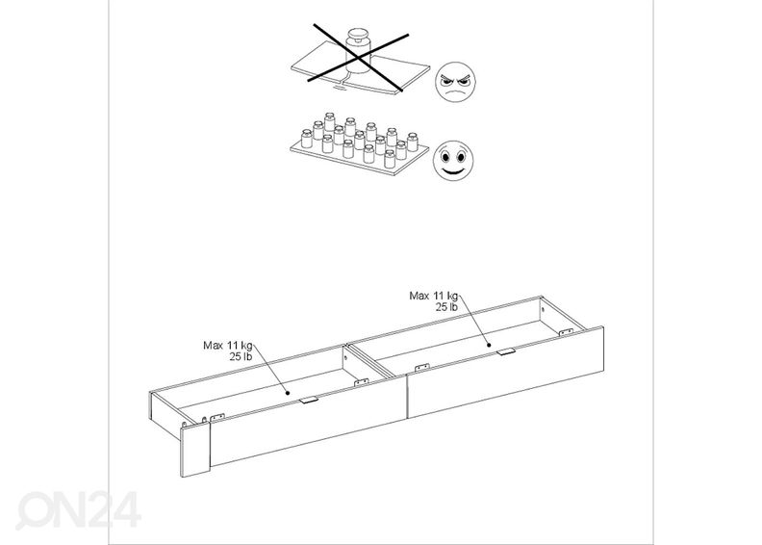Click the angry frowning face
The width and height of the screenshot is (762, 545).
click(x=455, y=82)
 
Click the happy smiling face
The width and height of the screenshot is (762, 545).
click(x=453, y=161)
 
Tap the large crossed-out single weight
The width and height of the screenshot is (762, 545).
click(x=358, y=52)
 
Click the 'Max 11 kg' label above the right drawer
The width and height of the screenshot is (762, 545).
click(x=434, y=296)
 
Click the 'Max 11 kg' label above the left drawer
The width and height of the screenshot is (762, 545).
click(x=228, y=346)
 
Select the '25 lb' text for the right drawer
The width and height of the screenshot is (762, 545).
click(x=446, y=307)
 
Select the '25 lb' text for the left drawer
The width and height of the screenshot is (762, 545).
click(x=241, y=357)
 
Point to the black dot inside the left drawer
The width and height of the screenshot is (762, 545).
click(x=288, y=393)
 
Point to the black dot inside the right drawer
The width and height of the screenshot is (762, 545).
click(x=490, y=345)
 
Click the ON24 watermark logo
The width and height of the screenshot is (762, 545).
click(x=79, y=509)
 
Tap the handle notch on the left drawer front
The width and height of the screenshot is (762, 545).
click(x=309, y=401)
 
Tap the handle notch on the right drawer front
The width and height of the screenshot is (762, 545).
click(x=506, y=351)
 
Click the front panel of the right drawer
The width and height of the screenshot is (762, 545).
click(x=505, y=373)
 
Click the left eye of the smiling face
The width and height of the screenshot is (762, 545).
click(x=445, y=157)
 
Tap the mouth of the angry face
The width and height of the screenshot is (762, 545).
click(x=454, y=92)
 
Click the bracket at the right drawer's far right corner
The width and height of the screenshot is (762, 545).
click(x=565, y=332)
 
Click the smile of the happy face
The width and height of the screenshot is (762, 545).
click(x=453, y=170)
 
